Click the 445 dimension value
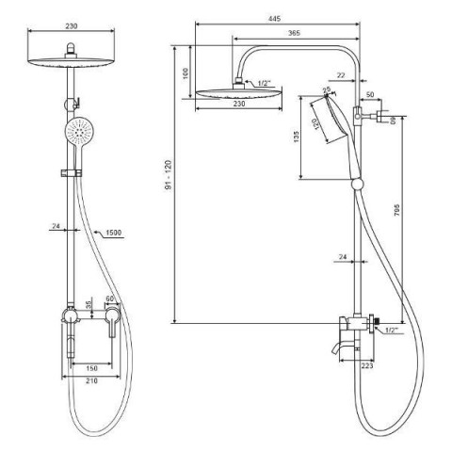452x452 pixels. click(x=274, y=19)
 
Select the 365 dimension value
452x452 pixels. click(x=294, y=33)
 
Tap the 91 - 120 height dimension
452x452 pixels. click(x=169, y=174)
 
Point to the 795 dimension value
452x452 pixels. click(x=396, y=210)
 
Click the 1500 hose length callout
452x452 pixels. click(x=113, y=233)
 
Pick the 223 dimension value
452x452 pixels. click(x=367, y=365)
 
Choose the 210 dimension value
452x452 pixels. click(x=91, y=380)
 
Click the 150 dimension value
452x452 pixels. click(x=91, y=368)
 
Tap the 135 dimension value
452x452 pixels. click(x=296, y=137)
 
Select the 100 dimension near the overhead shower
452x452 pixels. click(x=186, y=73)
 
